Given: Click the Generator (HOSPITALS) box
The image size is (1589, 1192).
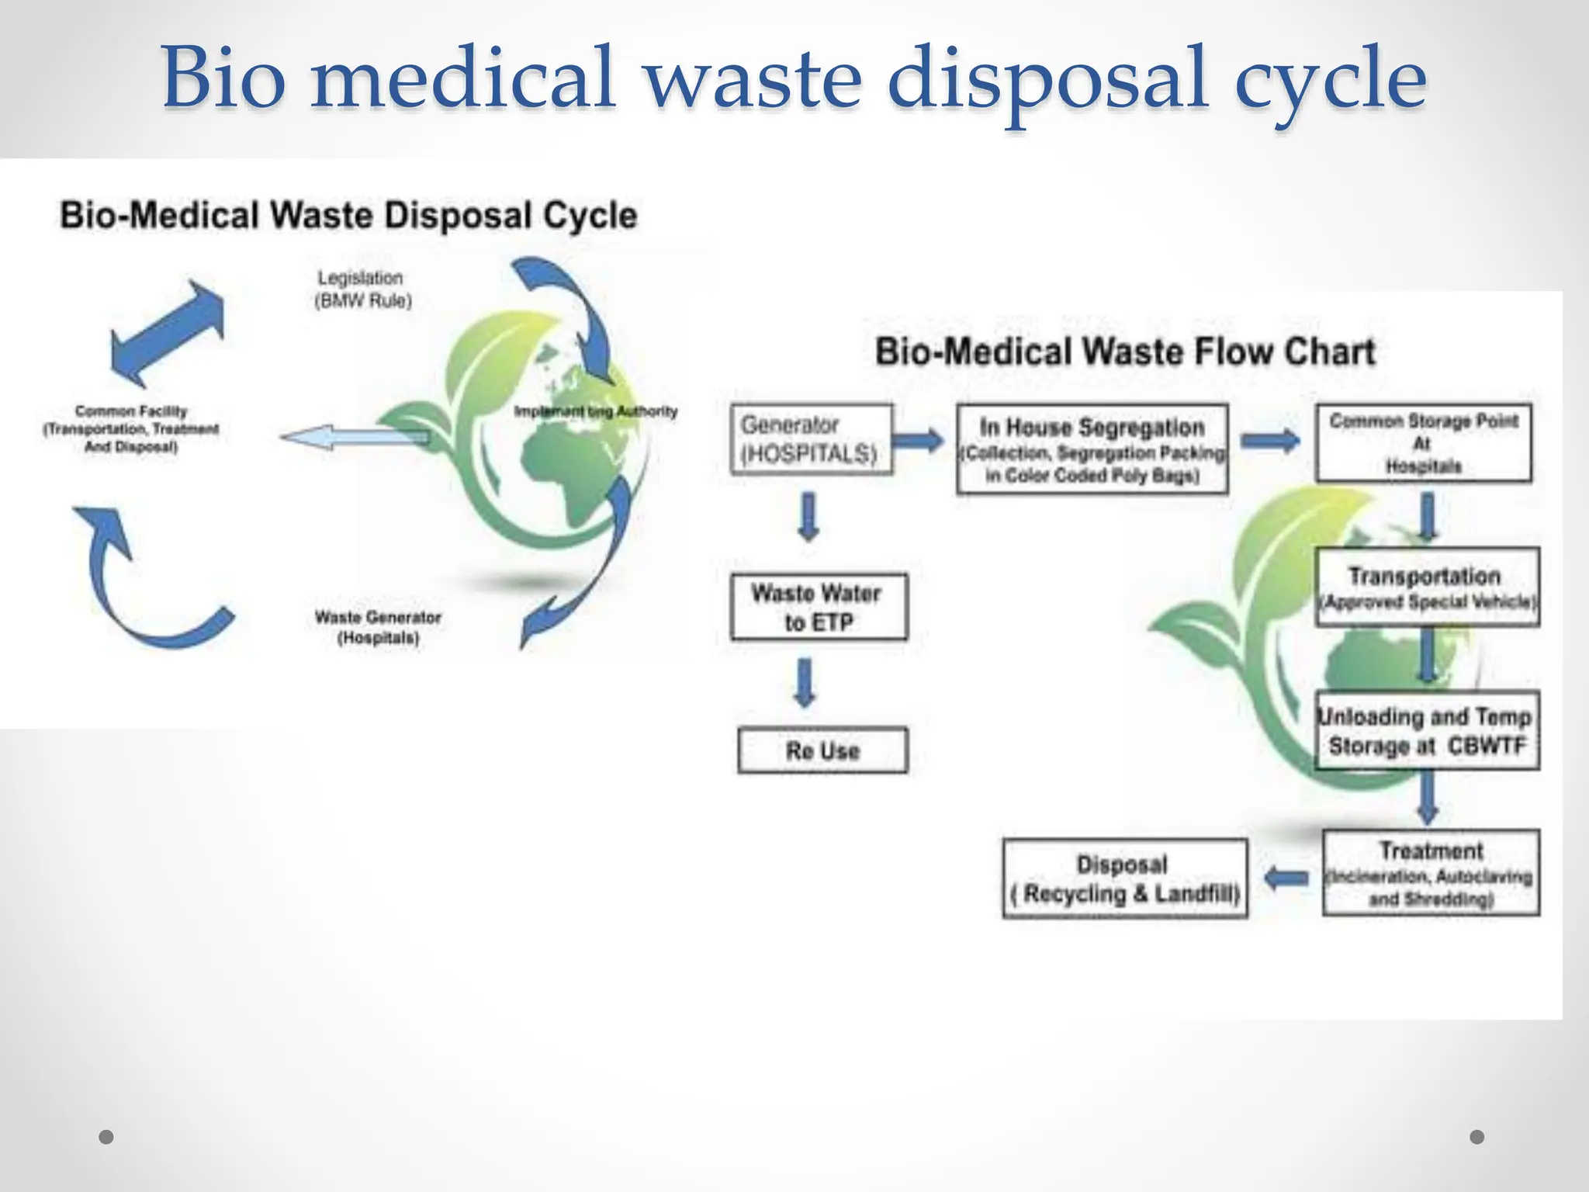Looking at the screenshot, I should pos(811,438).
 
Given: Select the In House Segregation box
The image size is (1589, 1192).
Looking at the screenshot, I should pos(1092,449).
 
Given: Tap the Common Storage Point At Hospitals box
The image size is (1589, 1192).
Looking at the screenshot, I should pos(1423,442).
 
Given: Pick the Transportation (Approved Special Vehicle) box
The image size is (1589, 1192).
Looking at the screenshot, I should pos(1427,587).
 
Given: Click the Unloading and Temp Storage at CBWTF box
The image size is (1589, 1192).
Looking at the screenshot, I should pos(1427,730).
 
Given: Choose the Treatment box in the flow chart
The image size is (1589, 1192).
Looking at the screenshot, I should pos(1431,873).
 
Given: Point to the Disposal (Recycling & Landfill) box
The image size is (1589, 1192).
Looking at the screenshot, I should pos(1124,878).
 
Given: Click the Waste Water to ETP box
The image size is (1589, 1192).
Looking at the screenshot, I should pos(819,607).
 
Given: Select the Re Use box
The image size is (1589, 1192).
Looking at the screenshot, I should pos(822,750).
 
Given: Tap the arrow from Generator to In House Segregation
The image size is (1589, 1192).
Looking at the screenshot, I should pos(919,441).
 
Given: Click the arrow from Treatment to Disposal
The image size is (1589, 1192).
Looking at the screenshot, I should pos(1286,878).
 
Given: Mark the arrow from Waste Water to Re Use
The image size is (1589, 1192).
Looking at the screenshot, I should pos(805,682).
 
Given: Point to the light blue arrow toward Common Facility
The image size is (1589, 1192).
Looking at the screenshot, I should pos(353,438).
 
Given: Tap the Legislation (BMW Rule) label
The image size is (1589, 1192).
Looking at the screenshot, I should pos(362,289).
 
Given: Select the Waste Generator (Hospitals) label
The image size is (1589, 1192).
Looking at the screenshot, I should pos(378,627).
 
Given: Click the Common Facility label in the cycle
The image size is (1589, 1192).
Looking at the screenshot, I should pos(131,428).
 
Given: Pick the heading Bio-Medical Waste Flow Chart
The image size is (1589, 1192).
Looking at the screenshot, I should pos(1124,351).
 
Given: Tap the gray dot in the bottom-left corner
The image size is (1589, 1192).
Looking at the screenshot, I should pos(107,1137).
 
